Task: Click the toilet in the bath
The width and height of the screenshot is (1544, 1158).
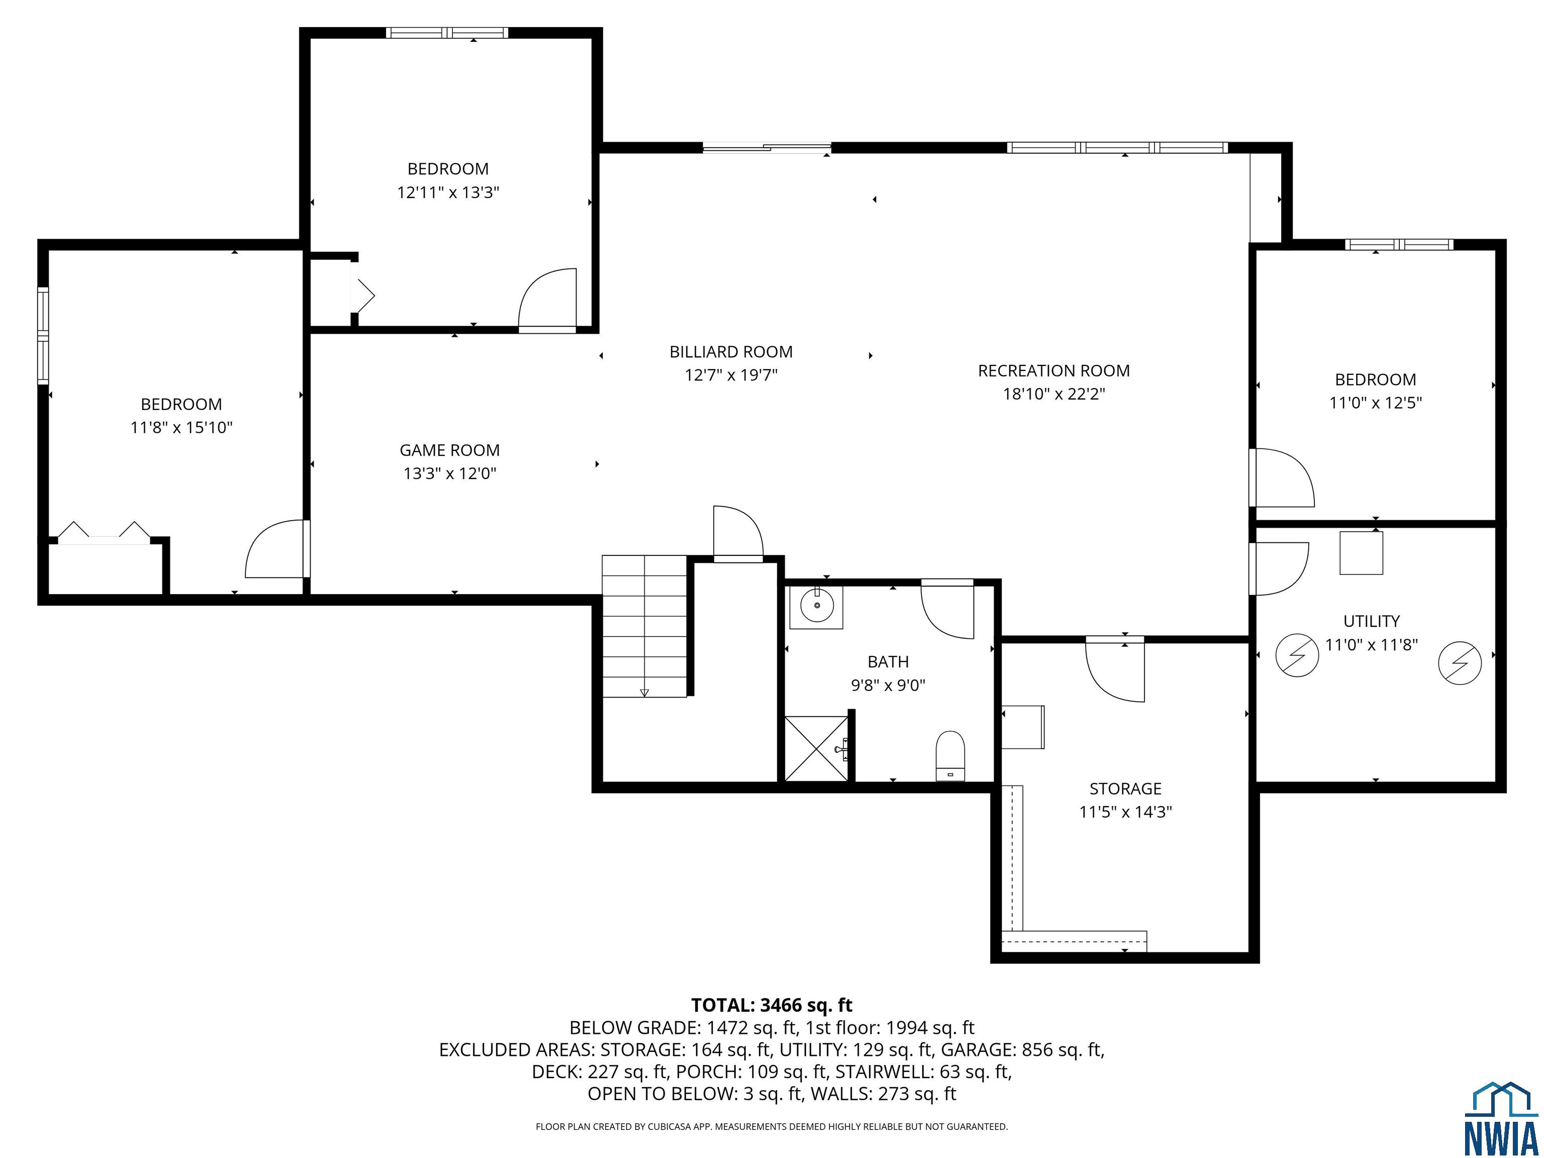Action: pos(950,756)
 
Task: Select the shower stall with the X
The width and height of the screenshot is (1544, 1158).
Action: pos(816,748)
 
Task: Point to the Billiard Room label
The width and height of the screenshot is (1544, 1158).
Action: pos(731,352)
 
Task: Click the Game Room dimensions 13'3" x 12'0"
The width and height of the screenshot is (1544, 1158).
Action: pos(449,473)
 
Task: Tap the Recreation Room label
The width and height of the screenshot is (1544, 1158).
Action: pos(1053,370)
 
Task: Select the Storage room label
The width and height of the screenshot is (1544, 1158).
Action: pos(1125,789)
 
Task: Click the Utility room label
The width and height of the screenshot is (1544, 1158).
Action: pos(1372,621)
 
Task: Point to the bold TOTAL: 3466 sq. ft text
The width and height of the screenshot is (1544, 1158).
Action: pos(771,1005)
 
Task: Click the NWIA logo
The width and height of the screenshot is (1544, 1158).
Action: pos(1500,1118)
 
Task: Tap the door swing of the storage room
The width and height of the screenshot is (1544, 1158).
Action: pos(1115,670)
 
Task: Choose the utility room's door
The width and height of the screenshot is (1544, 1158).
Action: pos(1279,569)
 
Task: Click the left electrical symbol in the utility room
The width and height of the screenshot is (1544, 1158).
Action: pos(1297,655)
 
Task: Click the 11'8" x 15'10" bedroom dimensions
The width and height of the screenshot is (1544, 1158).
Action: pos(181,427)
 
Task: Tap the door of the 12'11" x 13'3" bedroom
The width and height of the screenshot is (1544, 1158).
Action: pos(548,298)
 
